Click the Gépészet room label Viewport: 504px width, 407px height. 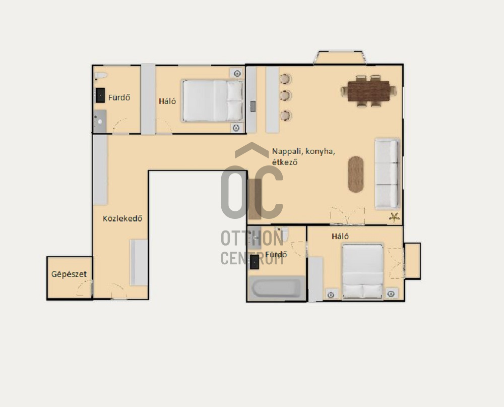(x=69, y=274)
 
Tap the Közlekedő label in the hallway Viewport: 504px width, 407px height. (x=122, y=219)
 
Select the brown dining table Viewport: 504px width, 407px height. (x=369, y=91)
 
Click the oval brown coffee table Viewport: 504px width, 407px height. (x=356, y=175)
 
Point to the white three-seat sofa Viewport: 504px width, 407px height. (x=387, y=174)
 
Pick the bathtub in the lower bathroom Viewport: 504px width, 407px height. (x=277, y=288)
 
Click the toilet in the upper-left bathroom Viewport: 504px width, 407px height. (x=101, y=76)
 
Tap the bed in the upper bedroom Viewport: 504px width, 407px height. (x=212, y=101)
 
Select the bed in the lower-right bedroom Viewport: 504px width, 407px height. (x=363, y=271)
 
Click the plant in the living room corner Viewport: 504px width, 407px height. (x=394, y=217)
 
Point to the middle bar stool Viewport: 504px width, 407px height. (x=285, y=95)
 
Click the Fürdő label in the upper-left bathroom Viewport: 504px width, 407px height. (x=119, y=97)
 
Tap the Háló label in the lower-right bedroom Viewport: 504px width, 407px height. (x=340, y=237)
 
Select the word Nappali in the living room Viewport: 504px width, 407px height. (x=288, y=151)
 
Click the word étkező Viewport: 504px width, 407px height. (x=285, y=162)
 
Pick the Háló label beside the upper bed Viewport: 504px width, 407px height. (x=167, y=101)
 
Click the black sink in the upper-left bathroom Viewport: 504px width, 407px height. (x=100, y=95)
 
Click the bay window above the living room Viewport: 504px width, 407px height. (x=340, y=57)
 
